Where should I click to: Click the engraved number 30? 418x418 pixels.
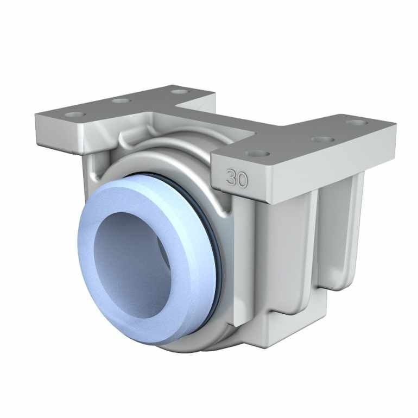point(237,178)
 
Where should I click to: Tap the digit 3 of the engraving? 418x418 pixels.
point(232,178)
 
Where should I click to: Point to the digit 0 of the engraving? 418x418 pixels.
point(242,179)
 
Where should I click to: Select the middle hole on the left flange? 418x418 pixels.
point(121,100)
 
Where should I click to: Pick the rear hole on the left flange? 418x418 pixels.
point(179,91)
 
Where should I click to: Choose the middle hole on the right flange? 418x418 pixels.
point(322,139)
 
